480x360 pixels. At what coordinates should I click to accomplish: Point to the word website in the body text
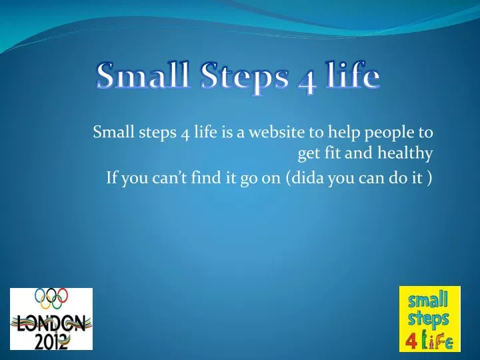point(276,131)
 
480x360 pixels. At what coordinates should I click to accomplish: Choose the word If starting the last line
point(112,178)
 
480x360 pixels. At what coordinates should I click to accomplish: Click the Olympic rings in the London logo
point(51,298)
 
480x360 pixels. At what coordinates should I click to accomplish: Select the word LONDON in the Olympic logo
point(51,325)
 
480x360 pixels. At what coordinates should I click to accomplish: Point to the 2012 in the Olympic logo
point(51,341)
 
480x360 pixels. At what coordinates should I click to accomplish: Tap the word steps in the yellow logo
point(429,318)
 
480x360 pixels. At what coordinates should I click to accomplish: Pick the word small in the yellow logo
point(429,298)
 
